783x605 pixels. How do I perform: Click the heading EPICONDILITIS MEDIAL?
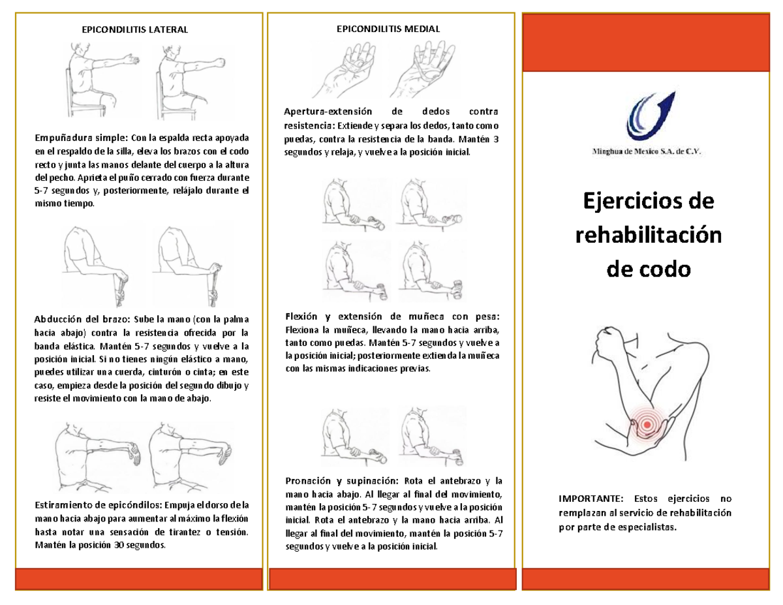tap(388, 29)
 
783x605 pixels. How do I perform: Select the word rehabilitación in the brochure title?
tap(648, 236)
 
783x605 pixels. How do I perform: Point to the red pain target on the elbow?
tap(647, 424)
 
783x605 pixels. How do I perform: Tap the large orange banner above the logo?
tap(649, 42)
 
